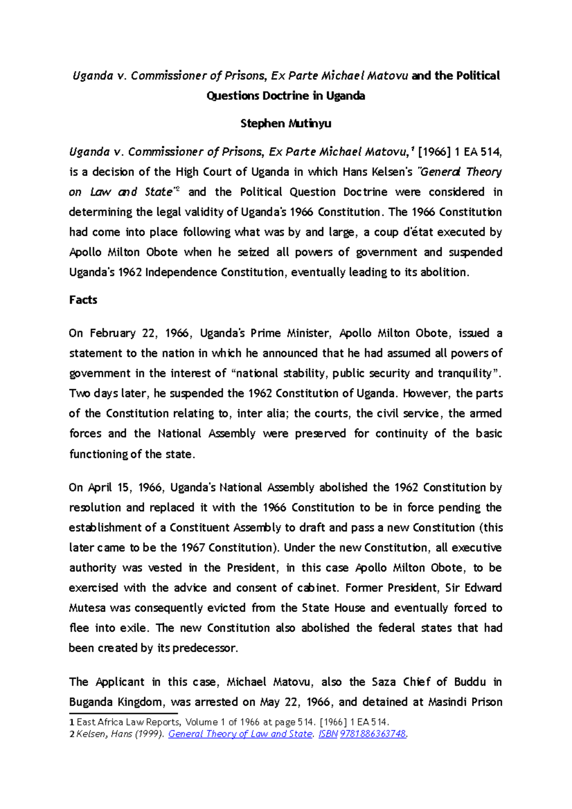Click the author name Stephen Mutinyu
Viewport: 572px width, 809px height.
(286, 124)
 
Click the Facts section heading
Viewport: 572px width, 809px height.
(83, 300)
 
